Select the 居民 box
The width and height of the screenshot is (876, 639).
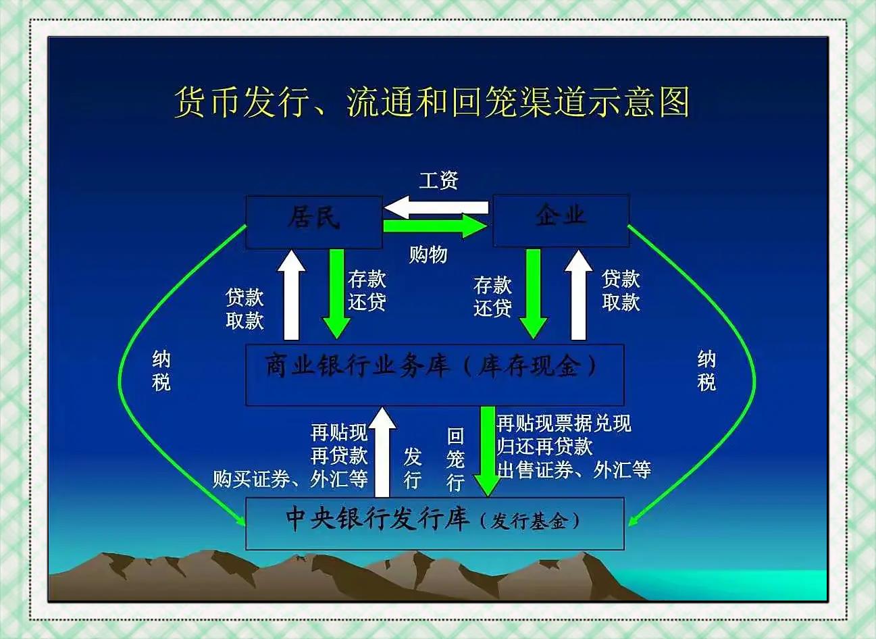coord(313,222)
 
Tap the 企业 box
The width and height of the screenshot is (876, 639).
coord(561,220)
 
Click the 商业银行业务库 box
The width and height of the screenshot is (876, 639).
coord(434,374)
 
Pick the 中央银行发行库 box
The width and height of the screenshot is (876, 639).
coord(434,523)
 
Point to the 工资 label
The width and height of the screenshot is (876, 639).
coord(438,180)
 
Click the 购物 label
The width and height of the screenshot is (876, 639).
coord(428,255)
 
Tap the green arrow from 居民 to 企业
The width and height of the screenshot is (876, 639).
coord(436,226)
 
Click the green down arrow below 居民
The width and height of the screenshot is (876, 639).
coord(336,292)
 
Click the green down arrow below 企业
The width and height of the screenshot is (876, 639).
coord(534,292)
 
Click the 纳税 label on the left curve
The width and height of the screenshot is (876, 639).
coord(161,371)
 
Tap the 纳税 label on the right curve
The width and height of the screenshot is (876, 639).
coord(706,371)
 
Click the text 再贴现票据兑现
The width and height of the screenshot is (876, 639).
coord(564,424)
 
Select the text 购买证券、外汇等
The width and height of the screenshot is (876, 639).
coord(290,479)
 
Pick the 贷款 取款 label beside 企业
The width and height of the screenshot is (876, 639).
coord(621,290)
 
